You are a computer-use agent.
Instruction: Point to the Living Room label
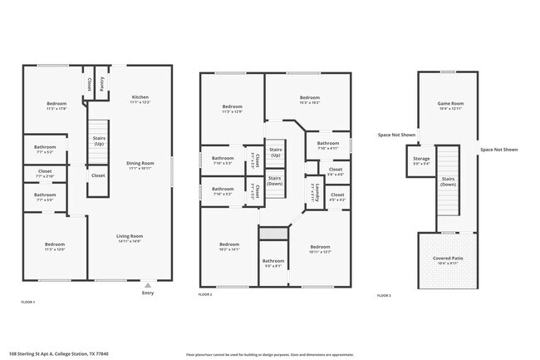[129, 236]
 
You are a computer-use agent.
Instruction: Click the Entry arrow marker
[148, 284]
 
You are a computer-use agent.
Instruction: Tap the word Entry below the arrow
[148, 293]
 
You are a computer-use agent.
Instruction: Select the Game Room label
[449, 104]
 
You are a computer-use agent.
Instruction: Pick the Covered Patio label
[449, 259]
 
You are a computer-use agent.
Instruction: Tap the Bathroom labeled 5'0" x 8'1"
[273, 262]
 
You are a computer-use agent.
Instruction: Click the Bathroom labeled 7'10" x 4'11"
[327, 144]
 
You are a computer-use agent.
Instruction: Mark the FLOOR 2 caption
[205, 295]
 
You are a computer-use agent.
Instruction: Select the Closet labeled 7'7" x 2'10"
[45, 173]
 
